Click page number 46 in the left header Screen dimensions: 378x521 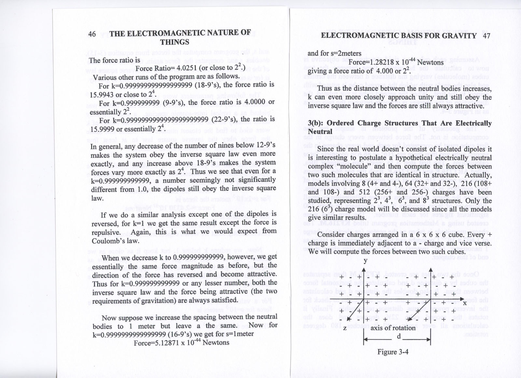click(x=92, y=34)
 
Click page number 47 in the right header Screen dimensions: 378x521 click(x=486, y=35)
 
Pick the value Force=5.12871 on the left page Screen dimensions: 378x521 click(x=155, y=343)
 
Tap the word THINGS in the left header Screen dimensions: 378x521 click(x=174, y=42)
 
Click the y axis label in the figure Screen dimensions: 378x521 click(x=365, y=261)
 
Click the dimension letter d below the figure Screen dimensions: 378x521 click(x=399, y=336)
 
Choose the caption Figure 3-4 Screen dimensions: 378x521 click(x=393, y=352)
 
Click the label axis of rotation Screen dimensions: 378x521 click(x=393, y=328)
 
